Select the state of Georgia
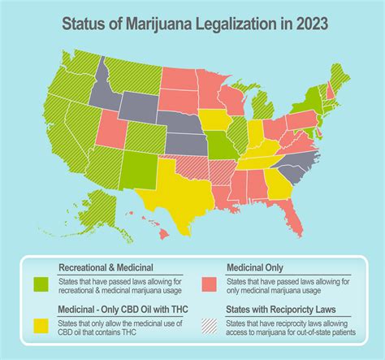(x=278, y=183)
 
